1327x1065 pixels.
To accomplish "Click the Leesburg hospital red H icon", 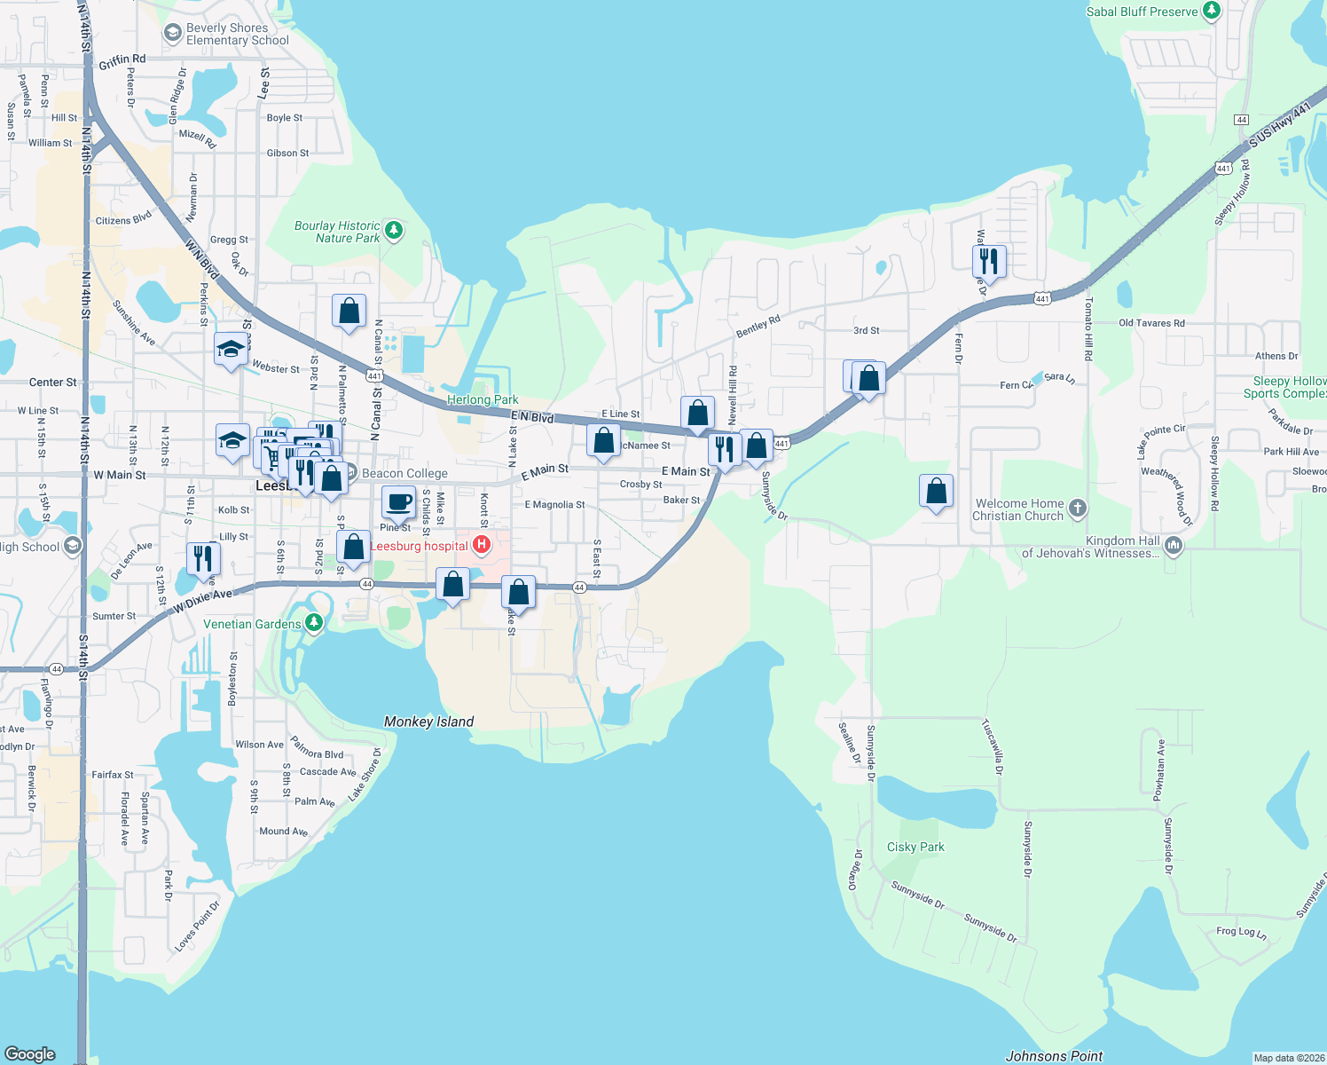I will click(x=482, y=545).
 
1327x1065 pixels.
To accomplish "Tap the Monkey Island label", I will click(x=428, y=722).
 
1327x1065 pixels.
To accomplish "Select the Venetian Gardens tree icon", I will click(x=313, y=624).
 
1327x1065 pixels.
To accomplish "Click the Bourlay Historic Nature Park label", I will click(x=337, y=232).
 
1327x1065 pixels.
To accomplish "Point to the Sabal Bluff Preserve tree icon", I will click(x=1212, y=12).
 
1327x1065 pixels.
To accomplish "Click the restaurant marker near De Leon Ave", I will click(x=203, y=558).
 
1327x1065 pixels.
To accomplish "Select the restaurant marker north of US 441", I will click(x=988, y=261).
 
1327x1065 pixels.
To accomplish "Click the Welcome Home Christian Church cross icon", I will click(x=1077, y=509).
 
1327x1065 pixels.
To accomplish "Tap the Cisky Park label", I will click(x=915, y=847).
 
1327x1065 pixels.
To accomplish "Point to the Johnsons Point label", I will click(x=1054, y=1056).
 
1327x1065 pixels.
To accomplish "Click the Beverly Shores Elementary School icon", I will click(x=173, y=34).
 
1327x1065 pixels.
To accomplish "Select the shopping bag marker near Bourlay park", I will click(x=349, y=311).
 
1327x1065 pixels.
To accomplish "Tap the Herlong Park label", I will click(x=483, y=399).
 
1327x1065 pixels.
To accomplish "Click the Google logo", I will click(x=30, y=1053).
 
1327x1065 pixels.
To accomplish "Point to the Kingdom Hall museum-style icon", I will click(x=1174, y=546).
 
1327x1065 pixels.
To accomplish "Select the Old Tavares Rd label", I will click(x=1151, y=323).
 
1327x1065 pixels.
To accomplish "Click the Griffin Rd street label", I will click(x=122, y=61).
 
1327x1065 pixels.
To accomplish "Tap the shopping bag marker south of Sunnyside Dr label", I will click(x=936, y=491).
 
